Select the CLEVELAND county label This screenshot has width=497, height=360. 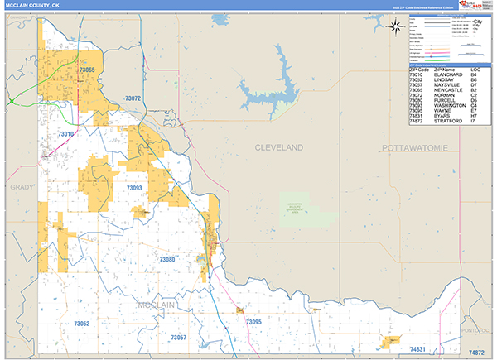coord(278,147)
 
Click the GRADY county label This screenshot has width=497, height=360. coord(20,188)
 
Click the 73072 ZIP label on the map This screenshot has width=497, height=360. coord(133,98)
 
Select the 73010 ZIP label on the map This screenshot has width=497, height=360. coord(66,134)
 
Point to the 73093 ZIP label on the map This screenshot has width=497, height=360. coord(134,189)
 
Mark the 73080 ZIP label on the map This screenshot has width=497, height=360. coord(167,259)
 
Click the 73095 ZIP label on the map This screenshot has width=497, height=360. coord(253,321)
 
